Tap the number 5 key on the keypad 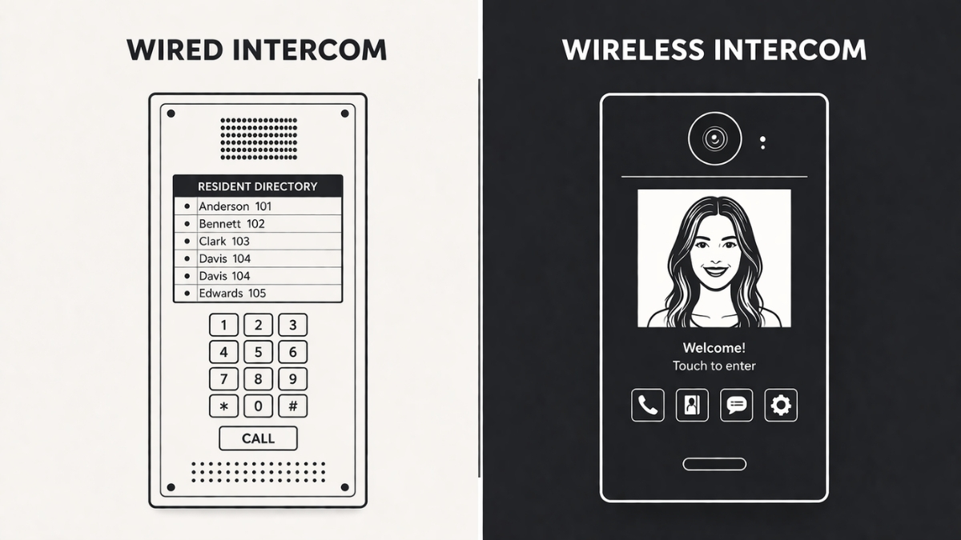258,351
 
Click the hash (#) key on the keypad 292,406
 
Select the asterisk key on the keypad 223,406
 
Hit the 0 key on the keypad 258,406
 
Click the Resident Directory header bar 257,186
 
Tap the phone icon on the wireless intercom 647,406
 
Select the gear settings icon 781,406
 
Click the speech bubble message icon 736,406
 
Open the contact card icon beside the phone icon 692,406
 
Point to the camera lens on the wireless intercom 714,139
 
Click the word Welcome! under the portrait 714,348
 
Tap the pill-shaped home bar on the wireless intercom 714,464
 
